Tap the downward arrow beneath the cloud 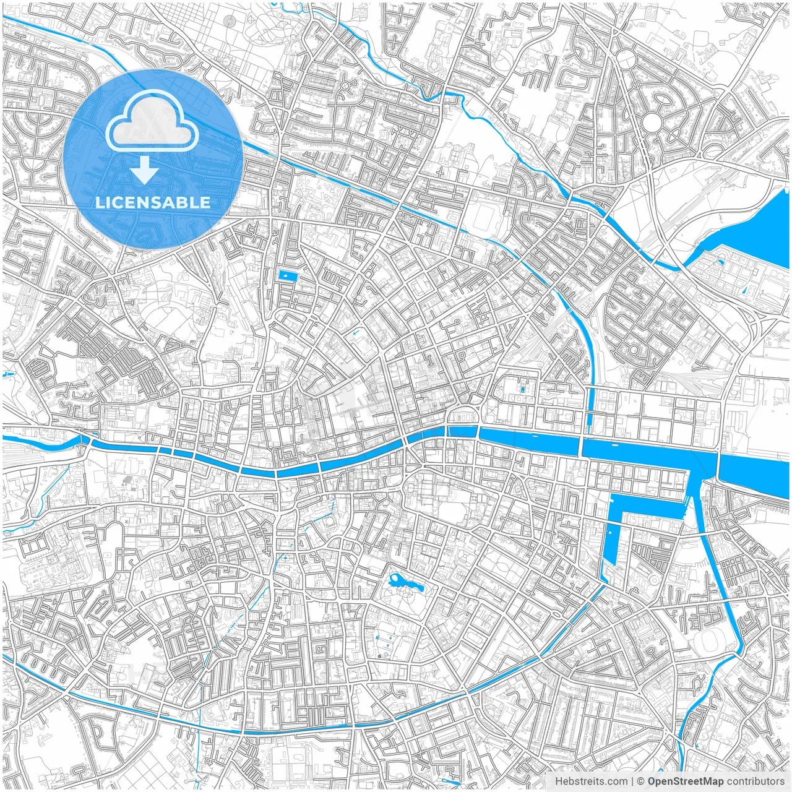[x=145, y=170]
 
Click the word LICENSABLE [x=153, y=202]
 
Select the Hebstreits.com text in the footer [x=591, y=781]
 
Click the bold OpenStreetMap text [x=686, y=781]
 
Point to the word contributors [x=755, y=781]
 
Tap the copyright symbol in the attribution [x=641, y=781]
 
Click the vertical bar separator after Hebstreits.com [x=632, y=781]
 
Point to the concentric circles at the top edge [x=230, y=20]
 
